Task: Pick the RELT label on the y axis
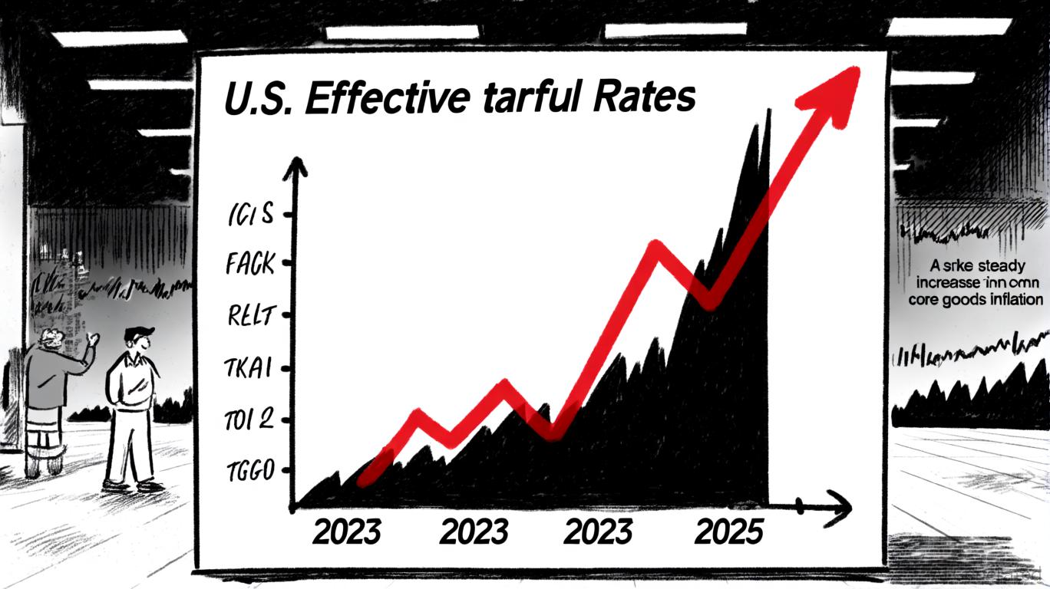tap(250, 316)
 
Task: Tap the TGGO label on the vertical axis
tap(249, 471)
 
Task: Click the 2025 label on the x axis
tap(728, 531)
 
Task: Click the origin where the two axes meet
tap(296, 506)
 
